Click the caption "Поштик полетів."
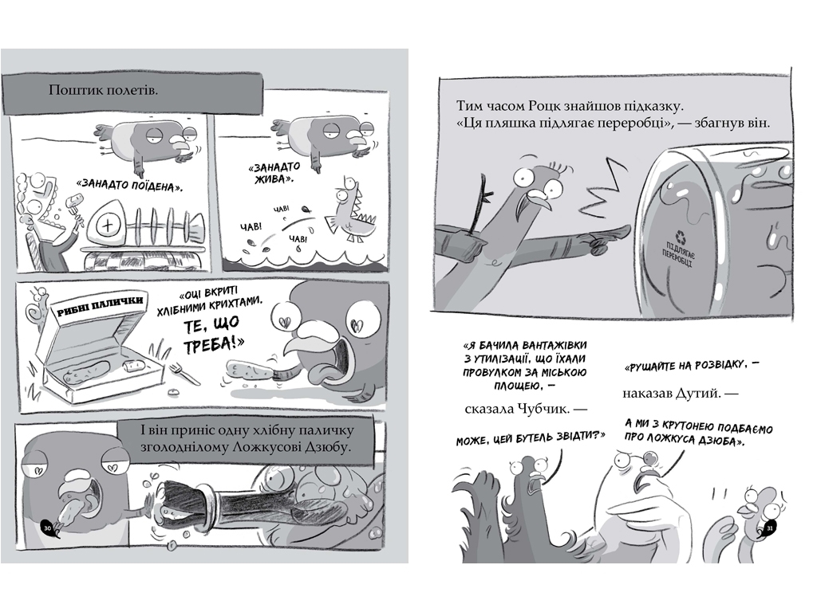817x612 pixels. click(x=103, y=90)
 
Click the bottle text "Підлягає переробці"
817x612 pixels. click(x=678, y=254)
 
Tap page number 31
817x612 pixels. click(x=771, y=529)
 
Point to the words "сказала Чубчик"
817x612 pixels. click(x=520, y=409)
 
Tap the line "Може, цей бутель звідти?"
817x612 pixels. click(x=531, y=439)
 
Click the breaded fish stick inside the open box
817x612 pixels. click(x=86, y=371)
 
